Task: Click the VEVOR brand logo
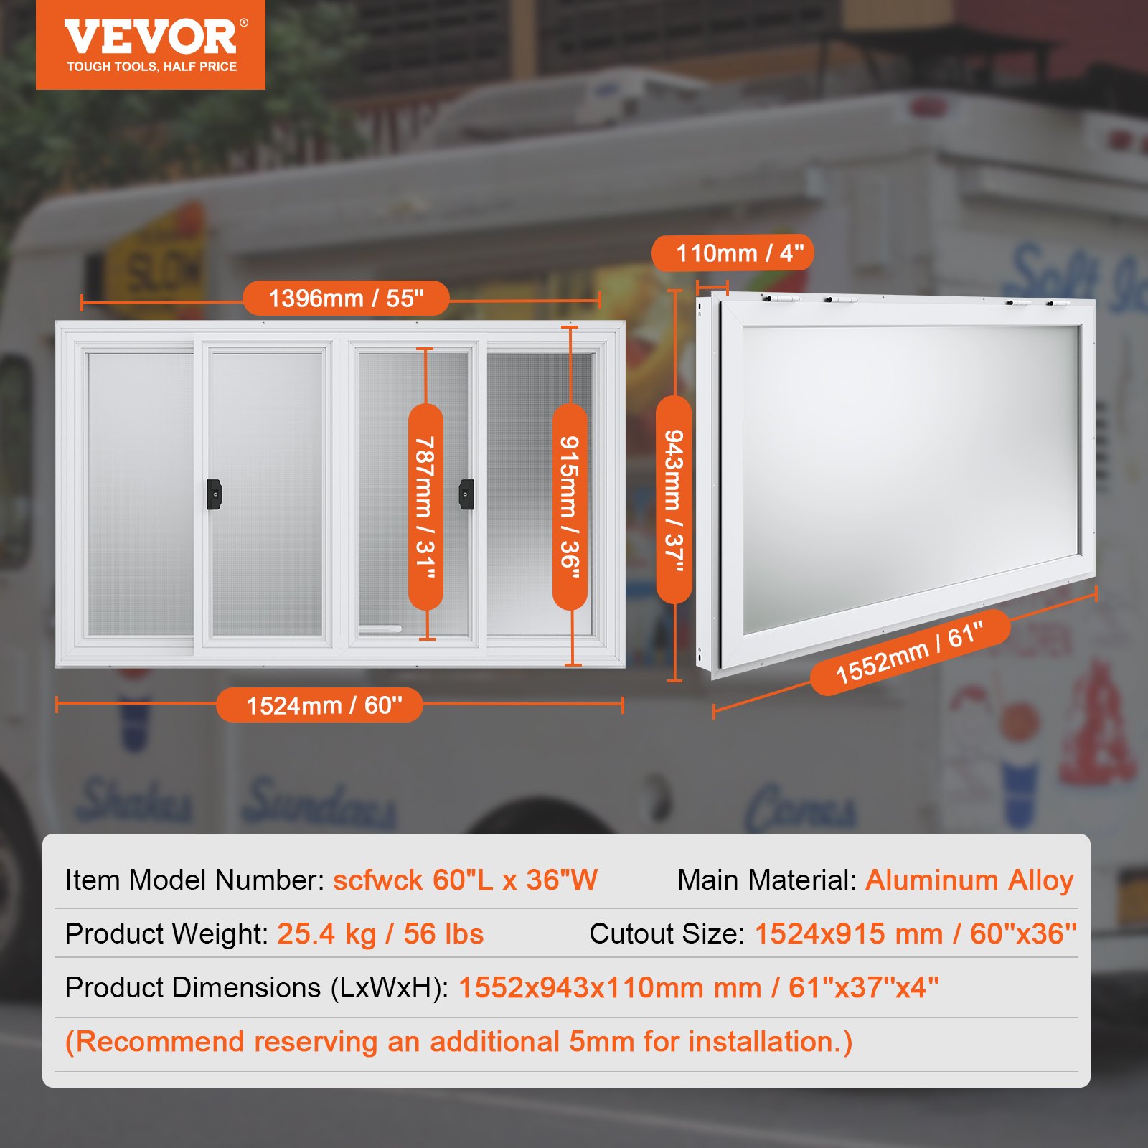click(x=151, y=37)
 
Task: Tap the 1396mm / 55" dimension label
click(x=346, y=298)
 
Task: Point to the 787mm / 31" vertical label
click(x=425, y=507)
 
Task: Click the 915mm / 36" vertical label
click(x=570, y=507)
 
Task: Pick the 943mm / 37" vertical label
click(x=674, y=499)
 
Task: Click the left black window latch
click(x=214, y=494)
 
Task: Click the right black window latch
click(x=466, y=494)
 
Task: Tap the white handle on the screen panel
click(x=380, y=629)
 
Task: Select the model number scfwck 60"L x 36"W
click(x=465, y=880)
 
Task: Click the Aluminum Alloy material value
click(x=969, y=880)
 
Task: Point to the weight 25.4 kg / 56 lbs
click(x=380, y=934)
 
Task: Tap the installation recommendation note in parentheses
click(x=458, y=1042)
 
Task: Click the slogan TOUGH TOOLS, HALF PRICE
click(x=151, y=67)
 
